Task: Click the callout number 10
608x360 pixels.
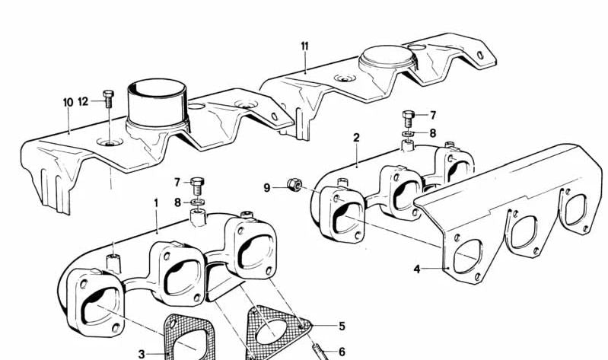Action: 68,101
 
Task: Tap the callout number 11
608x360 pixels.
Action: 304,46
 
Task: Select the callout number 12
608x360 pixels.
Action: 83,101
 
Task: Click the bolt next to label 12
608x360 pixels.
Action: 107,98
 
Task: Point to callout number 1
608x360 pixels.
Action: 155,203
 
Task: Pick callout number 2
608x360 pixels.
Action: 355,137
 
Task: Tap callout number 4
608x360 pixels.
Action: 416,268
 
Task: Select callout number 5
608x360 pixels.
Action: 342,327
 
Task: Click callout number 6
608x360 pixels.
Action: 342,352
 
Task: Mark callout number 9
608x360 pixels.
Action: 267,186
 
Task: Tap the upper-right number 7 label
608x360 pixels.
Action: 433,116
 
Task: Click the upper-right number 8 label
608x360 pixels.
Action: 433,132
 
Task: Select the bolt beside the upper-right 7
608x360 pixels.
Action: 408,118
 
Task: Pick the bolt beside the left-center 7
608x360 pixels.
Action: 197,184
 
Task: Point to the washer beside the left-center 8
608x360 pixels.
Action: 196,202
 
